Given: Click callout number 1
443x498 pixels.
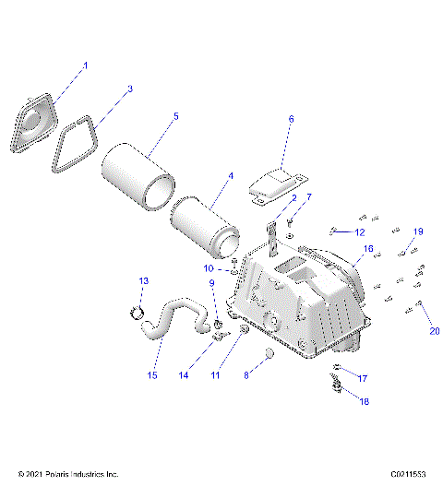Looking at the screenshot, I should pos(86,65).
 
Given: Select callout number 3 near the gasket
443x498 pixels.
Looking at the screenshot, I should pos(130,89).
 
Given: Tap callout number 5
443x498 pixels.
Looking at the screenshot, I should pos(176,117).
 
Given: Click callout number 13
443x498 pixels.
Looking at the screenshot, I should pos(143,280).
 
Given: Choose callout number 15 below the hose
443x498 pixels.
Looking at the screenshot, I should pos(152,376).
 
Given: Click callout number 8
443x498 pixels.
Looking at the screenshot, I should pos(245,375).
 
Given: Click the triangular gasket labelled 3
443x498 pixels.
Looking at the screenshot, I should pos(78,148).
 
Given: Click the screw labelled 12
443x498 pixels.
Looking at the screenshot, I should pos(333,229).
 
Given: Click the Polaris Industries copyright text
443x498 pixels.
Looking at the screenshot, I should pos(68,474).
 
